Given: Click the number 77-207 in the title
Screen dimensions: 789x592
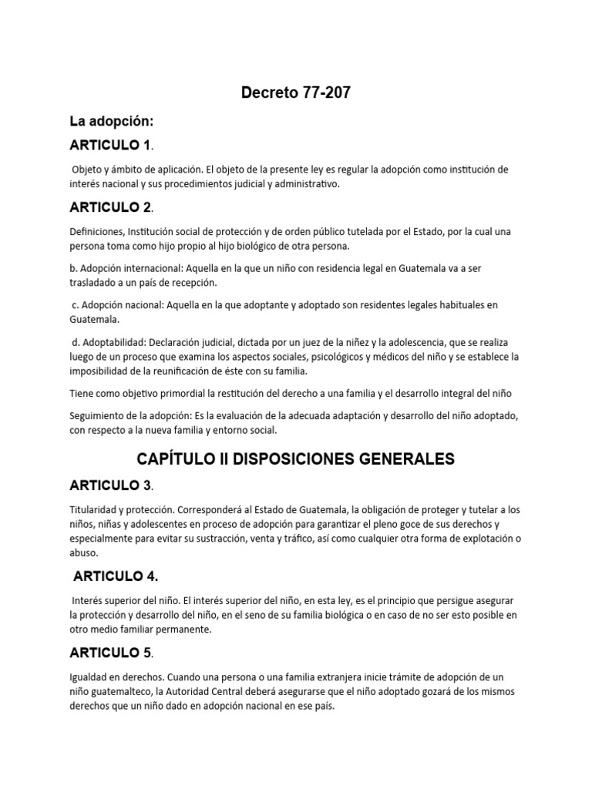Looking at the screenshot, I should pyautogui.click(x=323, y=93).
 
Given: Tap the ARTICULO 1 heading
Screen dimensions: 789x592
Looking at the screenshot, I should pyautogui.click(x=109, y=145).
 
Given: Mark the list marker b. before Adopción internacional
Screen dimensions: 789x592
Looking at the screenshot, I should pyautogui.click(x=72, y=267).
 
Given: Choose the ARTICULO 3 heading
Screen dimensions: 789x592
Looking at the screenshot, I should pyautogui.click(x=109, y=485).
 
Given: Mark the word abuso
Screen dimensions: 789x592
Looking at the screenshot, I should pyautogui.click(x=84, y=552).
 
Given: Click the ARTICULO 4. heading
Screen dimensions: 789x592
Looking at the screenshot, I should pyautogui.click(x=116, y=576).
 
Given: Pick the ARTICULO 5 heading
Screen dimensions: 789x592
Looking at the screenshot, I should pyautogui.click(x=109, y=653).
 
